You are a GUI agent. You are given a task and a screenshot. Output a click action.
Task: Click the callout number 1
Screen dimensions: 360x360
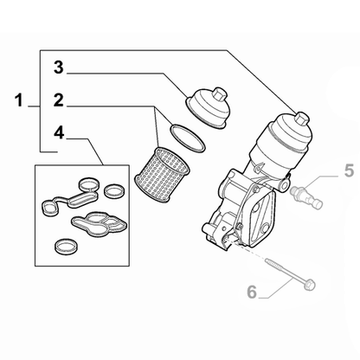tap(19, 100)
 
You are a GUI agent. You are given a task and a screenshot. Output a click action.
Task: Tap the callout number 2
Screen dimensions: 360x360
tap(59, 100)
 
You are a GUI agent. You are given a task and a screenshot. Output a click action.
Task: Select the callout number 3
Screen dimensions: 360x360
tap(59, 67)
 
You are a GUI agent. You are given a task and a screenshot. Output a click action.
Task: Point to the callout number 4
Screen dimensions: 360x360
tap(59, 133)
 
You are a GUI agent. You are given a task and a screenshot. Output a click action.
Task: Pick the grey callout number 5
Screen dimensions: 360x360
tap(349, 170)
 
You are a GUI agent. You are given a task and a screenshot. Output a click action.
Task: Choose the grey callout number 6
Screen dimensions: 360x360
tap(252, 292)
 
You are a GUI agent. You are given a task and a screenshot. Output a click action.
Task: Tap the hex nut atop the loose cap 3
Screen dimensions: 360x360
tap(220, 94)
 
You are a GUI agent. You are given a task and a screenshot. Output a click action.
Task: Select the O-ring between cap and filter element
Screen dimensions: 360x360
tap(188, 138)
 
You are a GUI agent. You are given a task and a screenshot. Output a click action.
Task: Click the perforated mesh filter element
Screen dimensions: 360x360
tap(162, 175)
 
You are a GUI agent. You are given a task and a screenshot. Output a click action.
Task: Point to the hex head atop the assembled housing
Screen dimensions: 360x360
tap(301, 119)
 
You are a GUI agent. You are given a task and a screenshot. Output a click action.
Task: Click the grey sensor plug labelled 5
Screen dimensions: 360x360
tap(306, 196)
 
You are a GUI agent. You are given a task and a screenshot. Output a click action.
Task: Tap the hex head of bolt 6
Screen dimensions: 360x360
tap(309, 284)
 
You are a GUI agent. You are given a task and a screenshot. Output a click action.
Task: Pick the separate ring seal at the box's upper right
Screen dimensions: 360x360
tap(113, 191)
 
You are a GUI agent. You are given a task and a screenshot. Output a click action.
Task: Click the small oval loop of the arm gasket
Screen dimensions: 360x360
tap(48, 208)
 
